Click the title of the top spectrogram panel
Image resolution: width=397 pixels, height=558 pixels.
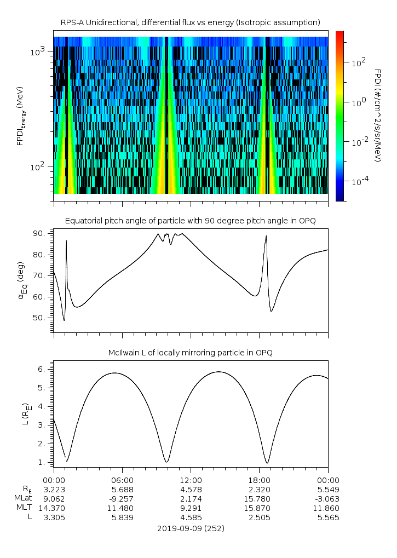coord(191,22)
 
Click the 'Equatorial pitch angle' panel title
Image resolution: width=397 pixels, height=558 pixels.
coord(191,221)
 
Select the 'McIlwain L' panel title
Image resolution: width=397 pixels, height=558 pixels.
coord(191,353)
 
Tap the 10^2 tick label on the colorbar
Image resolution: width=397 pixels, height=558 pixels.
coord(358,62)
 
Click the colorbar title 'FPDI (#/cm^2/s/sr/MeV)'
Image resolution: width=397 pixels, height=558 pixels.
coord(377,115)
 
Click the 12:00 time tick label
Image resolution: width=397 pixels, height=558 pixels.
coord(191,478)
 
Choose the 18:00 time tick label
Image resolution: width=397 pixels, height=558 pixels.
coord(259,478)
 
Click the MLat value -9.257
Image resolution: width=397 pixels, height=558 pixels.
coord(122,498)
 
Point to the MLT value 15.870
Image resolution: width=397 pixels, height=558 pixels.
coord(259,508)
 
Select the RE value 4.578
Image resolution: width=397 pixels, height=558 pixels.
coord(191,488)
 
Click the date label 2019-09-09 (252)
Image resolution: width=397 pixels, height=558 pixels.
coord(191,528)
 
